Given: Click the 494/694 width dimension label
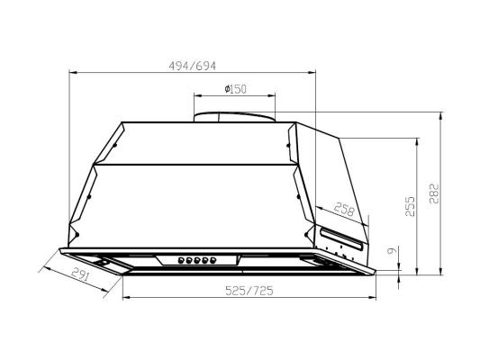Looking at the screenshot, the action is coord(192,66).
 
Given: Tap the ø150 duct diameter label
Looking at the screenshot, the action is coord(235,89).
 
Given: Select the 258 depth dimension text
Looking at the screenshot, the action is coord(344,209).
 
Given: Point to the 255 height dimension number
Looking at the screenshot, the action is coord(410,206).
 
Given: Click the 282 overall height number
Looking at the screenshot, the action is coord(434,193).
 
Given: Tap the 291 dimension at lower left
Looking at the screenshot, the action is coord(81,274).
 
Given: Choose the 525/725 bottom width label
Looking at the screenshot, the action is coord(249,291).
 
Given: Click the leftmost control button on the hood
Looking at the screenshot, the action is coord(181,261).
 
